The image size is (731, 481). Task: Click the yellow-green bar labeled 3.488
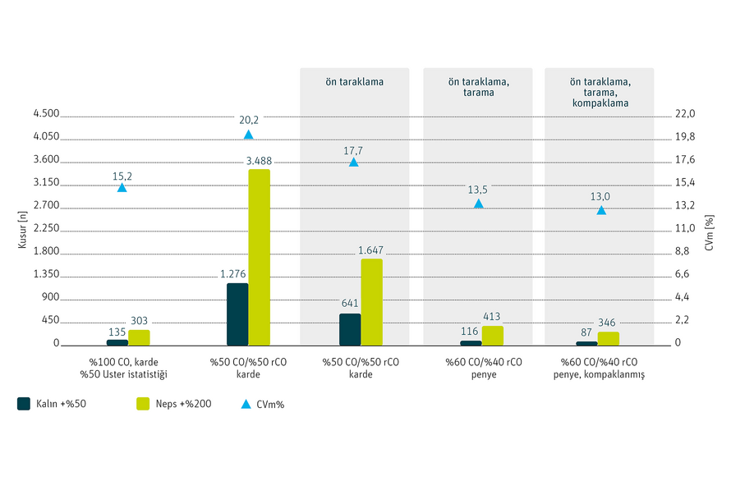point(259,257)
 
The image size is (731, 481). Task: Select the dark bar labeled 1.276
point(237,314)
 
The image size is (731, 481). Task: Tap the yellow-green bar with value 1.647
point(371,301)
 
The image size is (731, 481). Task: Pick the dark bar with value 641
point(350,329)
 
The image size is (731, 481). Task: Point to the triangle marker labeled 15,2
point(122,188)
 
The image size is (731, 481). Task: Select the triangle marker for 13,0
point(601,210)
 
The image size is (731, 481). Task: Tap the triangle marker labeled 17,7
point(354,163)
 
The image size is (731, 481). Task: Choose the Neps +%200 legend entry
point(174,404)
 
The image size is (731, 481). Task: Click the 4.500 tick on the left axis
point(46,113)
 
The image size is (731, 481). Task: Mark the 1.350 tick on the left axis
point(46,274)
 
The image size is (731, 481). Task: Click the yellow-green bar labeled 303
point(139,337)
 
